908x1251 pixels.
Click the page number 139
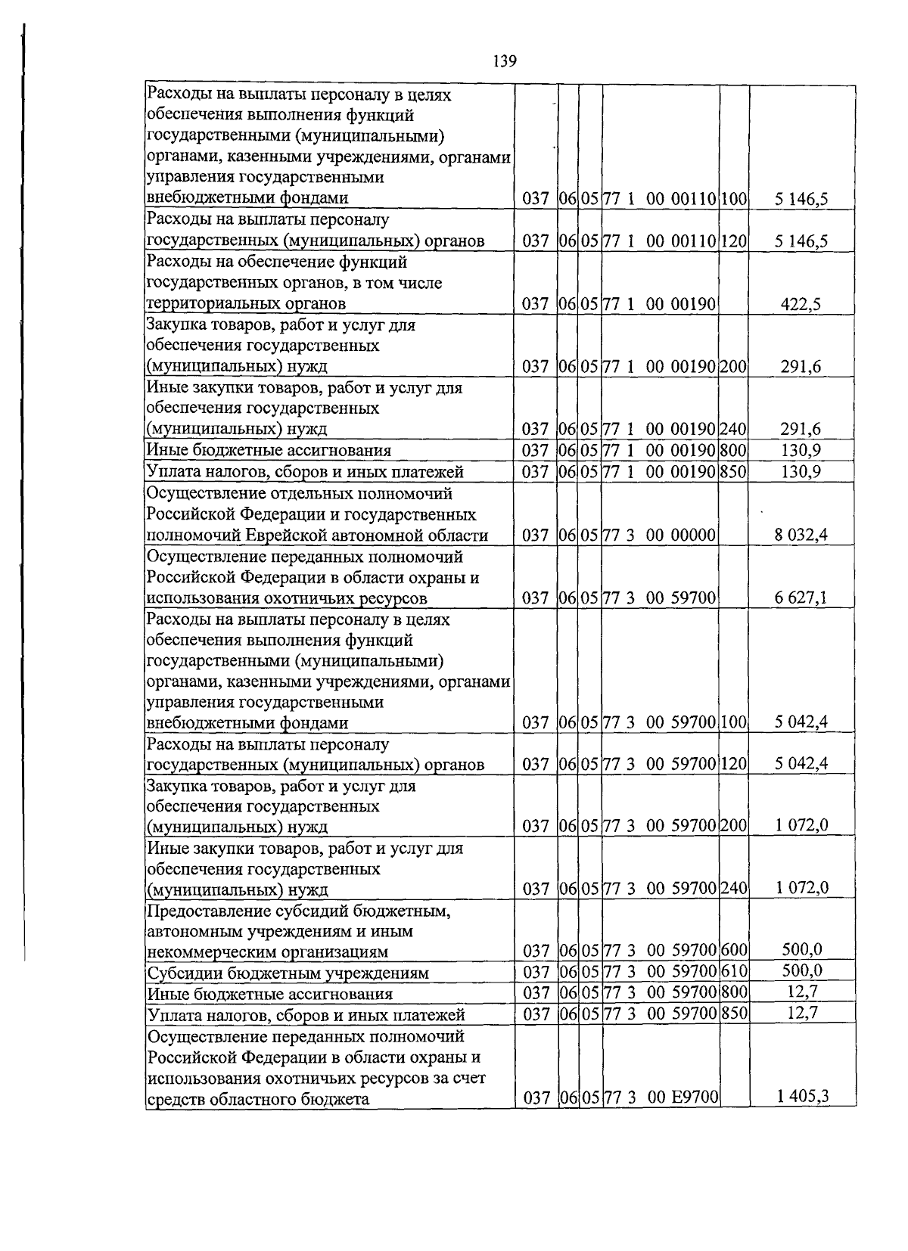click(x=504, y=61)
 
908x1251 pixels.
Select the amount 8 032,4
click(x=801, y=535)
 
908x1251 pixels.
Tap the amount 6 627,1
click(x=801, y=598)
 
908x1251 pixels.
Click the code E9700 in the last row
click(x=694, y=1097)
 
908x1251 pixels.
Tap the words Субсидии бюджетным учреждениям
click(x=288, y=973)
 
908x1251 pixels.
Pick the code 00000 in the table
click(x=693, y=535)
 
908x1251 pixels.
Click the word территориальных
click(x=209, y=304)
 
